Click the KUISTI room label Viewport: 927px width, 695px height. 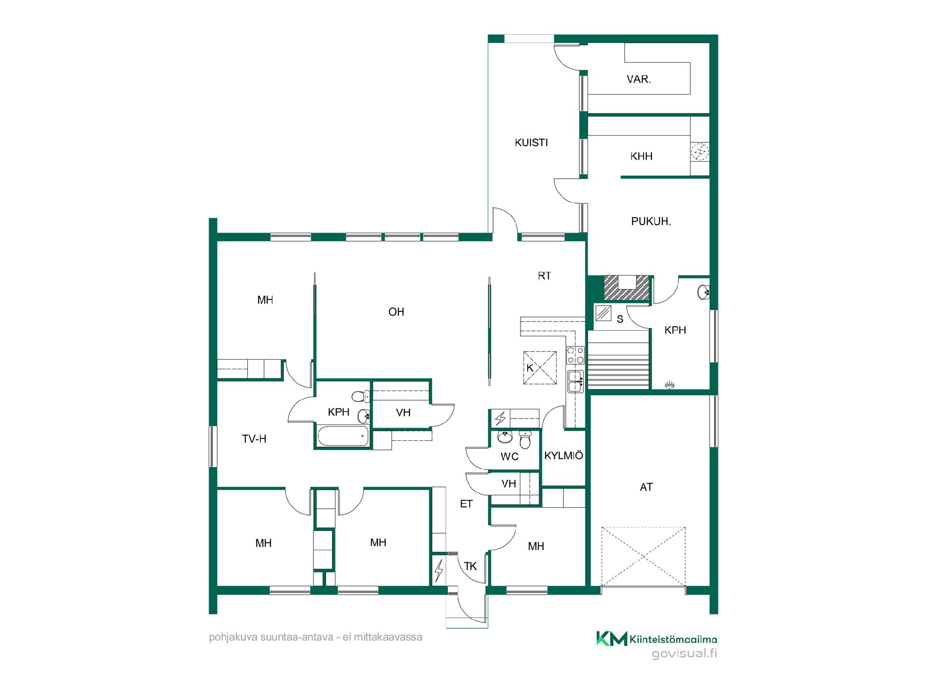click(531, 143)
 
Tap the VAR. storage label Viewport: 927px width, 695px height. click(639, 79)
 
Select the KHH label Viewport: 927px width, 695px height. click(641, 156)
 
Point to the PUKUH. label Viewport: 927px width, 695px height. click(651, 222)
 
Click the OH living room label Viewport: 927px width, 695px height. click(396, 312)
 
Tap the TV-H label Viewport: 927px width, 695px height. click(254, 439)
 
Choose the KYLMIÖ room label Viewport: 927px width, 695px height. click(563, 456)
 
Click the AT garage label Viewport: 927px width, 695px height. click(646, 487)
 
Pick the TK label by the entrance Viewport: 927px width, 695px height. click(470, 566)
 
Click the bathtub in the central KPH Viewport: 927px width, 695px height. click(343, 436)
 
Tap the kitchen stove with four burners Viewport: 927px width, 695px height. click(575, 355)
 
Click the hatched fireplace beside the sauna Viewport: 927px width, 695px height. click(626, 288)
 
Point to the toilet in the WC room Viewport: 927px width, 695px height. click(525, 439)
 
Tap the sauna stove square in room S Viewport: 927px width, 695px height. click(604, 314)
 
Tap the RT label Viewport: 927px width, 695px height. click(544, 276)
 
